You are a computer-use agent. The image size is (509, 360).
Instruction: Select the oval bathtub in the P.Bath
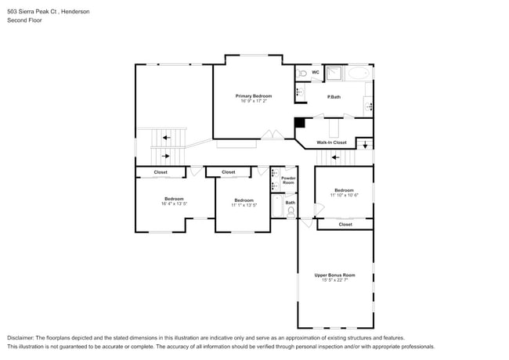359,74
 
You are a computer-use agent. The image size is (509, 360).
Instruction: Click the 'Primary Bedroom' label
253,95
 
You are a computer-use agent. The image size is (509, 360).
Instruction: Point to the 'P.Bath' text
334,97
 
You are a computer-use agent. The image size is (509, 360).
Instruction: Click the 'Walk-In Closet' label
331,142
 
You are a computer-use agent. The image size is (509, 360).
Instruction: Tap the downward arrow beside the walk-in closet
365,145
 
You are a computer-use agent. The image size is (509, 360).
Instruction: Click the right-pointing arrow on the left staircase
164,155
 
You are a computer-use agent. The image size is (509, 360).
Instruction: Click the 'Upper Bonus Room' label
334,275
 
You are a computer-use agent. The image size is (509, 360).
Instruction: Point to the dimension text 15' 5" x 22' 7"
334,280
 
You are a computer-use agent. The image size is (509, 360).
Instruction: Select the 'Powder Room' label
288,180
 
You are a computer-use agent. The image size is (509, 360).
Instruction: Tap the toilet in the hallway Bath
291,211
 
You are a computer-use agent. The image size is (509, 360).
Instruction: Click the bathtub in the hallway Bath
276,206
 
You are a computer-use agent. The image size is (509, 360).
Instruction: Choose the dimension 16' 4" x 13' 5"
174,203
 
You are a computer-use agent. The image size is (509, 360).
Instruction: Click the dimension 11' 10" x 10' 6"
344,195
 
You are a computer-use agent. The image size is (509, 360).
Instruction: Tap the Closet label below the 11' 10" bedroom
345,225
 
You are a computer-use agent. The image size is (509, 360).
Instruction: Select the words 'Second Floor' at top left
24,20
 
